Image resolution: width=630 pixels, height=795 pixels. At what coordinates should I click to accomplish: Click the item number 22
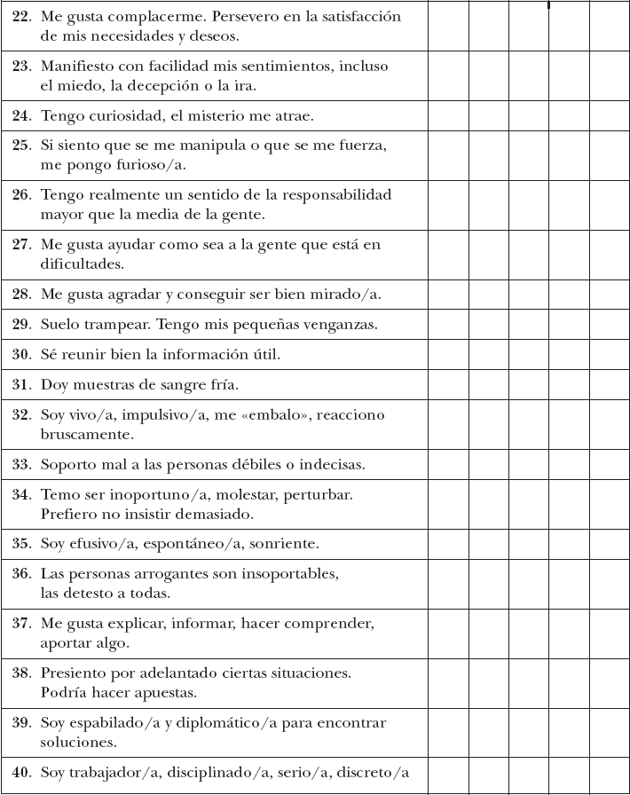click(22, 17)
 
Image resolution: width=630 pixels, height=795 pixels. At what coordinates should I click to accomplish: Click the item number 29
click(22, 325)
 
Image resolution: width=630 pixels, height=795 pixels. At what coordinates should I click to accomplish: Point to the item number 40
click(22, 772)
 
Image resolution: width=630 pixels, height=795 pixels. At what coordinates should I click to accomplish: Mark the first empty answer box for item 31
click(448, 385)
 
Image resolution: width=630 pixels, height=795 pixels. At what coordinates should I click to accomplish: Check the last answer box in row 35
click(610, 543)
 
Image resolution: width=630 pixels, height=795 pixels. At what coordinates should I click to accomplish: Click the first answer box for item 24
click(448, 116)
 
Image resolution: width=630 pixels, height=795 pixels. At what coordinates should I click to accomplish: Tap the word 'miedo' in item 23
click(78, 87)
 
